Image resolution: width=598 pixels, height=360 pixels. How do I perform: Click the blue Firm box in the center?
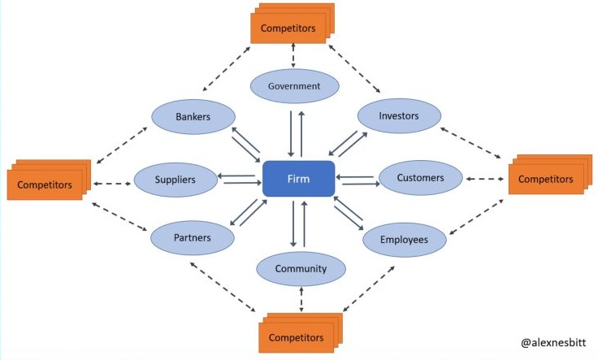298,179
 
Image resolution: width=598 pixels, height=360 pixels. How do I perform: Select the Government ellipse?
293,86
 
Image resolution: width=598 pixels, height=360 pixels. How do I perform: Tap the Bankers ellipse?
193,117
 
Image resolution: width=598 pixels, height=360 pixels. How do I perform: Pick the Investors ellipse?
399,116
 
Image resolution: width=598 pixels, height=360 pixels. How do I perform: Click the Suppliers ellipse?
175,180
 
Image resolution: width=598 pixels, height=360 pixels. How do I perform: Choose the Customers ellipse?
420,178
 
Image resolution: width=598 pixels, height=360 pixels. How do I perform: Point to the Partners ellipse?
193,238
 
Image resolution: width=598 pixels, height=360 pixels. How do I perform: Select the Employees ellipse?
404,239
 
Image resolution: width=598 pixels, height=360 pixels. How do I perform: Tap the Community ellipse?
301,269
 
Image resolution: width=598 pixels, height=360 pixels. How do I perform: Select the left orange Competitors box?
45,184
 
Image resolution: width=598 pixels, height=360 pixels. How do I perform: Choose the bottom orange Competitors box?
296,336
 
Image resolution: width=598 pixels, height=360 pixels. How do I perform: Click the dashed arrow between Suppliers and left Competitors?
112,184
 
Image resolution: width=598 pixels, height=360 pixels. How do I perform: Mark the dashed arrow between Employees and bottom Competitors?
376,284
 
